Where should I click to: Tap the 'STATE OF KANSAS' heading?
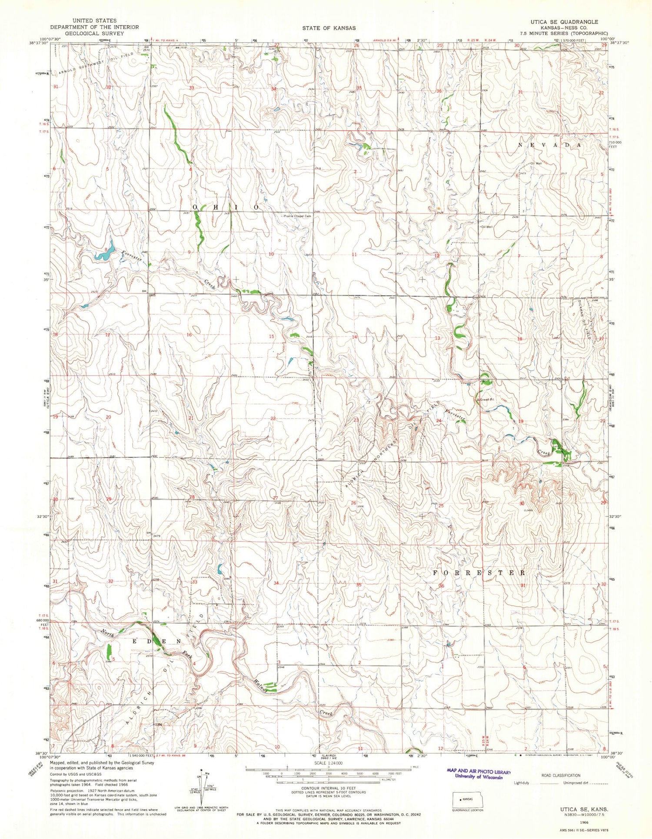329,28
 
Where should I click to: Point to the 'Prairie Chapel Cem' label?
298,216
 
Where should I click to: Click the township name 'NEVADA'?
549,145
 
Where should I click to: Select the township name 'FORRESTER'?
479,573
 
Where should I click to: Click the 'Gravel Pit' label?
487,399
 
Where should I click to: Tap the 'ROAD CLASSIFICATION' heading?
561,775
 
